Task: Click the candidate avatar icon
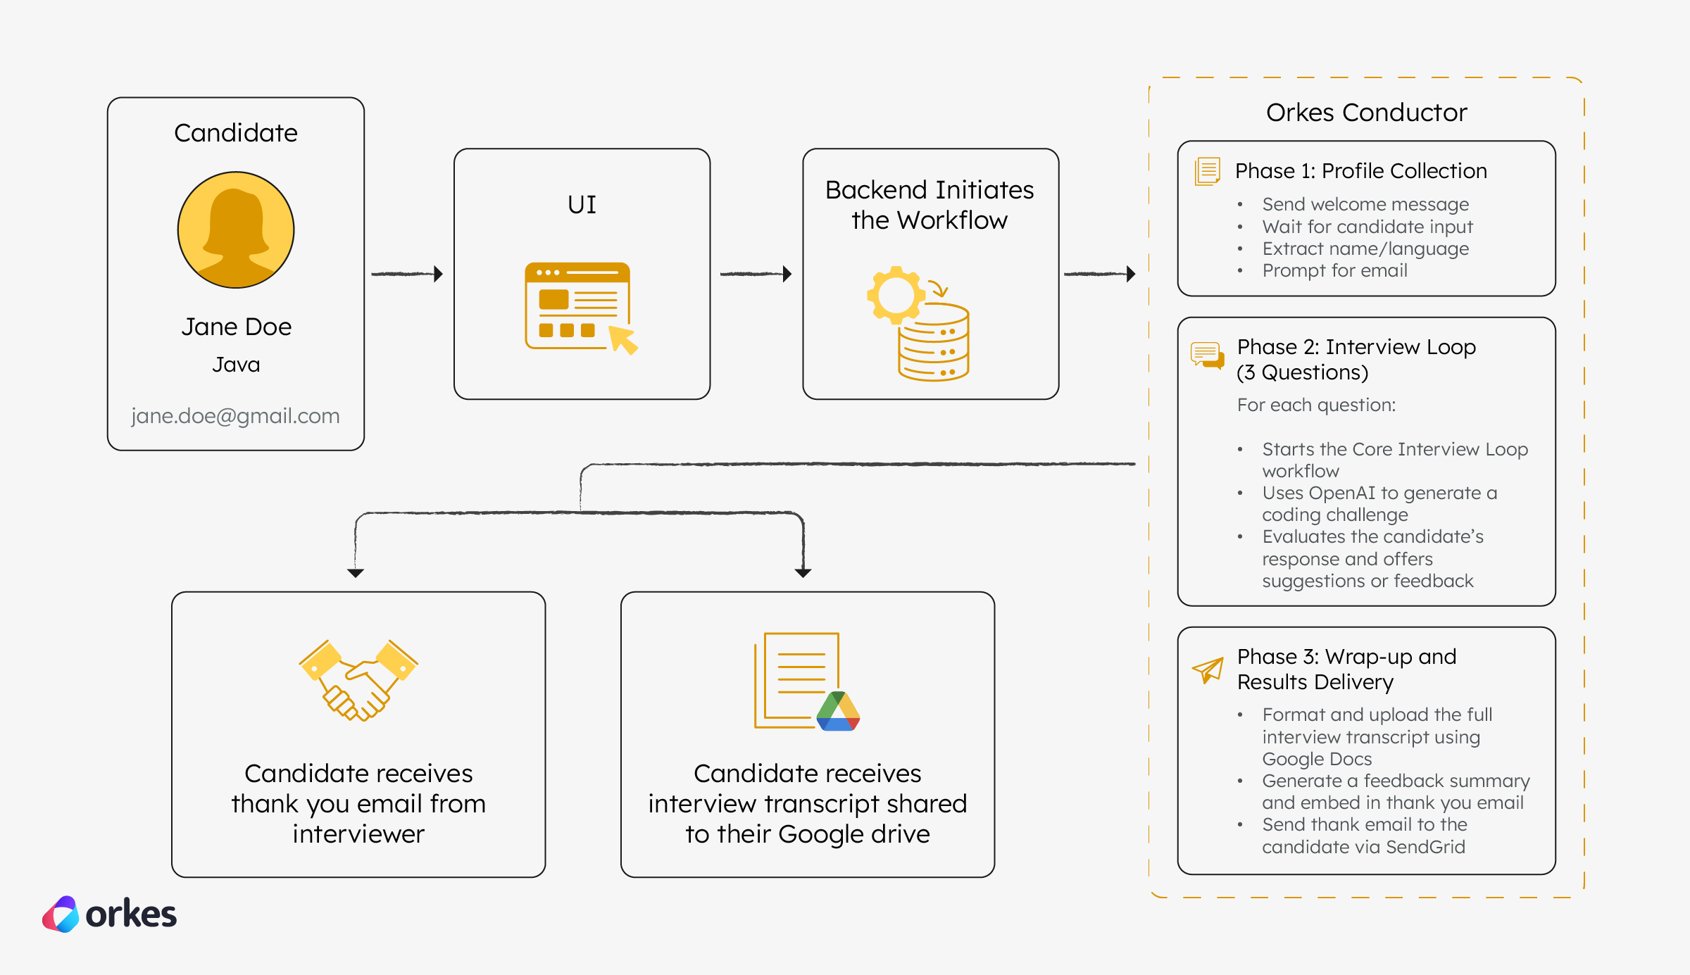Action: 236,230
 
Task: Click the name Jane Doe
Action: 236,327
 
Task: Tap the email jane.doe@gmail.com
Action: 235,416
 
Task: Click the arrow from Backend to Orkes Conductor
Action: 1099,274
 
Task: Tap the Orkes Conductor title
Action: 1366,113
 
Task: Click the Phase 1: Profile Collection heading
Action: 1360,171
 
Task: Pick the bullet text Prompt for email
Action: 1334,270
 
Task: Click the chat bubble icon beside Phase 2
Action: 1207,355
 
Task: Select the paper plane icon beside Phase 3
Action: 1208,669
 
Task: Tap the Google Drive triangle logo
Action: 838,712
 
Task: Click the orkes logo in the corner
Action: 109,914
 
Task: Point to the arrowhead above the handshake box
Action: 356,573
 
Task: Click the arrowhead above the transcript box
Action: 803,573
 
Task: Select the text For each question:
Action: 1316,405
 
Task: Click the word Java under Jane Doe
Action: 236,365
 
